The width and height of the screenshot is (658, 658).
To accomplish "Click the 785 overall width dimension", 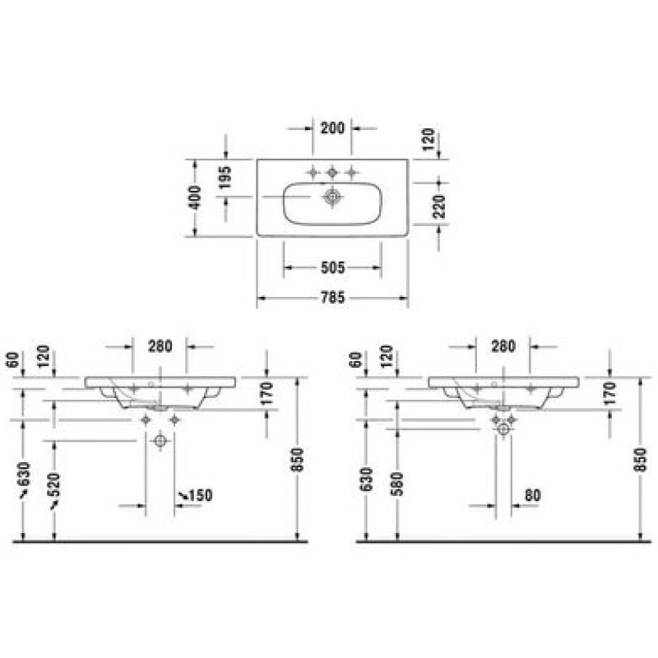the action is tap(332, 298).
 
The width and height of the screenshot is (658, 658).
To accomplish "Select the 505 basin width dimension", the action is tap(332, 267).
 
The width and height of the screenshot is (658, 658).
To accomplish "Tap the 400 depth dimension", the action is tap(195, 197).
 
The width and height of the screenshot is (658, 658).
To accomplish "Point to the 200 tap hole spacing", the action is tap(332, 127).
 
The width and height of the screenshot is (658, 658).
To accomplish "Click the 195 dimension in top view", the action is tap(225, 178).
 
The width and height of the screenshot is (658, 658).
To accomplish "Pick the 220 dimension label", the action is tap(439, 206).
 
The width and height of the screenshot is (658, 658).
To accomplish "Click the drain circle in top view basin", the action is tap(332, 197).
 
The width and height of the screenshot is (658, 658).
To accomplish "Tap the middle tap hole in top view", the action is tap(332, 172).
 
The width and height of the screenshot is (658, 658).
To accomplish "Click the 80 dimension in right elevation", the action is tap(532, 495).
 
